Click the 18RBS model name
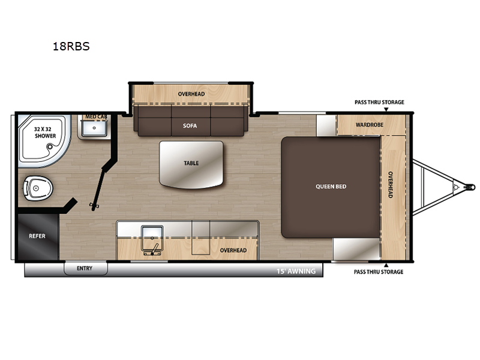tap(71, 46)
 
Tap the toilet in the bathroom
tap(38, 188)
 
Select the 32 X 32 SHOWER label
tap(46, 133)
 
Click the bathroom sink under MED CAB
tap(94, 128)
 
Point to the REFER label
tap(37, 236)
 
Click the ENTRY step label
tap(85, 268)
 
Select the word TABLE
tap(191, 163)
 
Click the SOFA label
tap(190, 125)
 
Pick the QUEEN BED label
tap(331, 187)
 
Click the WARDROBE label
tap(370, 125)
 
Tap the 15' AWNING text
tap(296, 271)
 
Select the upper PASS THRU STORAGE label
tap(379, 102)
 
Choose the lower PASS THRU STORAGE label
tap(379, 272)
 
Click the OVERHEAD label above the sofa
tap(191, 94)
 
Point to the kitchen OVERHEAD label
tap(233, 250)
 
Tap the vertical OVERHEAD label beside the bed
tap(391, 185)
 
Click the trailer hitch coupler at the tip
tap(470, 187)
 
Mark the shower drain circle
tap(50, 147)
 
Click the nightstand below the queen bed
tap(356, 249)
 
